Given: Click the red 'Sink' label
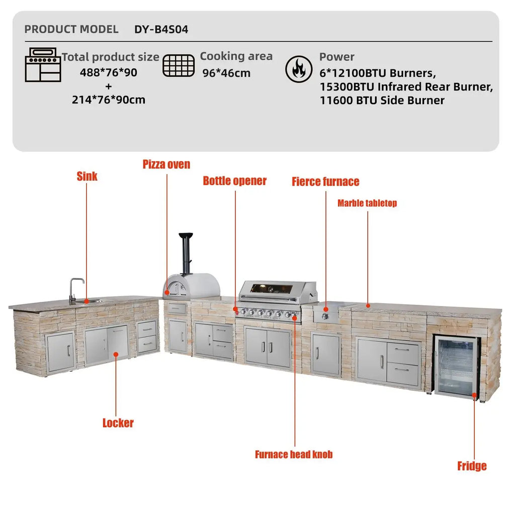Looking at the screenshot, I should (87, 177).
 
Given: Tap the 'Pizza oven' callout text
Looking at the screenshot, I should (166, 164).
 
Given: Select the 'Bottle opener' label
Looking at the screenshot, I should (234, 181).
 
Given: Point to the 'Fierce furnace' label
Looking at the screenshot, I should (325, 182).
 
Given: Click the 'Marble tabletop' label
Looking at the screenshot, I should (367, 203).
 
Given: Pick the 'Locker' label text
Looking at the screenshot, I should (118, 423).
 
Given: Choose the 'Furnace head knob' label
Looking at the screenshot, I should (294, 455).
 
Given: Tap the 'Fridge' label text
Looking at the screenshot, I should (472, 466).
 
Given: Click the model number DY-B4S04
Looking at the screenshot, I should (161, 29).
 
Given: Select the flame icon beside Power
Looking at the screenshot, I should (299, 70).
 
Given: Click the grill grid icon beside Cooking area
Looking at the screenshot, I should (179, 65).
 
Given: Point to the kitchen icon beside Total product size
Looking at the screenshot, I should (43, 65).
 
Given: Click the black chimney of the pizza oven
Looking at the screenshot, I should (186, 251).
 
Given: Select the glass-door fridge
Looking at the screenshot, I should (457, 366).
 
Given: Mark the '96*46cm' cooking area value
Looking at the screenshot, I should (226, 73).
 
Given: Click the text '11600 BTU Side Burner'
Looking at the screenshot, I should (382, 100).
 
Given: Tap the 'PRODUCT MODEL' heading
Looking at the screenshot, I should (71, 29).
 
